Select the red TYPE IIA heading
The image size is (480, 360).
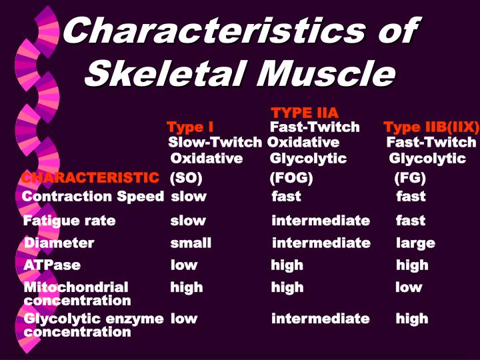click(x=305, y=112)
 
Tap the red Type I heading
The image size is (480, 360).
click(x=189, y=127)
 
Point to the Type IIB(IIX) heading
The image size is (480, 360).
click(x=431, y=127)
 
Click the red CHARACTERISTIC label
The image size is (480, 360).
click(x=90, y=177)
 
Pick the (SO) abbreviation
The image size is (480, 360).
click(x=186, y=178)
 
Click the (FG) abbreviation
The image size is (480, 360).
click(x=409, y=178)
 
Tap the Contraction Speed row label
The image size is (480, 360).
click(x=93, y=196)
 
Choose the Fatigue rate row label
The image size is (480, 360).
click(x=69, y=220)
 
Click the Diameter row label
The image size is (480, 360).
click(x=59, y=243)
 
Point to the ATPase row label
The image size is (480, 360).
click(x=52, y=265)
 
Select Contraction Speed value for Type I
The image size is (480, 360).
click(x=188, y=196)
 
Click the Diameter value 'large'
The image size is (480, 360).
click(x=415, y=243)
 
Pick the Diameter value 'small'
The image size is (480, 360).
click(x=191, y=243)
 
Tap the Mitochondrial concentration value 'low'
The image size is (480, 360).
click(x=409, y=287)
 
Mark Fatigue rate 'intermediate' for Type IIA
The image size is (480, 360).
click(x=320, y=220)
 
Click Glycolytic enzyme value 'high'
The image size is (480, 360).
click(x=411, y=318)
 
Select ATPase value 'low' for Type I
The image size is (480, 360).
click(x=184, y=265)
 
